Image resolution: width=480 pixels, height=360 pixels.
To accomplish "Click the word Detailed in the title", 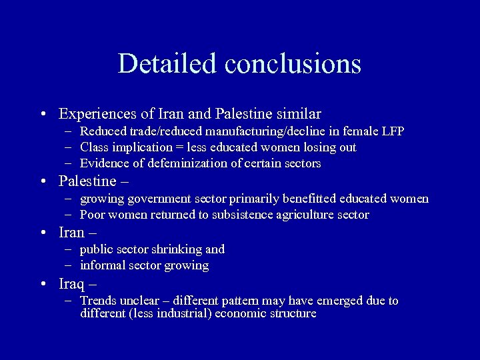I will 169,63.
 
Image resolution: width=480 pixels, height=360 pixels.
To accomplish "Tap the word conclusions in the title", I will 293,63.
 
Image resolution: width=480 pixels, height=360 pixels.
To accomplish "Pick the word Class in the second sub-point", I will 94,147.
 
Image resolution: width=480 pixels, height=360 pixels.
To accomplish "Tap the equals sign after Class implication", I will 177,147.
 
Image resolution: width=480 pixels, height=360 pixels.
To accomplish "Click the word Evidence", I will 104,163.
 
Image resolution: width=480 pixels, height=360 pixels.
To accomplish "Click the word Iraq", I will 71,283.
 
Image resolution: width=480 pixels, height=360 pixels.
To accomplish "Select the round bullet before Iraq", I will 43,284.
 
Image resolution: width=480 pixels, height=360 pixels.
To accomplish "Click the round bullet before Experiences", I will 43,115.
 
